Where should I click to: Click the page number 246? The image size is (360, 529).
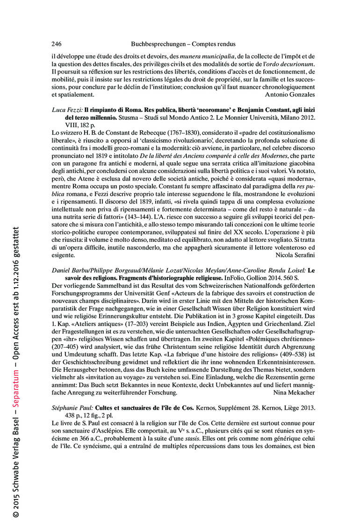tap(57, 44)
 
